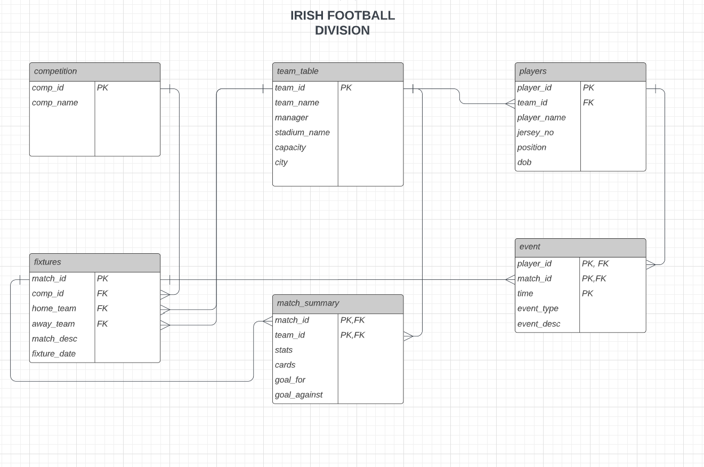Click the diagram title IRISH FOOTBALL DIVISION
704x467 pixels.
click(x=342, y=23)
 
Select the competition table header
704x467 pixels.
click(x=94, y=71)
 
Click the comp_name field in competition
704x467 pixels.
click(x=55, y=102)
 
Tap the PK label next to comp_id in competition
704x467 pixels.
click(x=102, y=87)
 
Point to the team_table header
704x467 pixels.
click(x=337, y=71)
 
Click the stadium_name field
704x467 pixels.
click(x=302, y=132)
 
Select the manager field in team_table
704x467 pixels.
click(x=292, y=117)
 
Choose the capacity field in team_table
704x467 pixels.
click(x=290, y=147)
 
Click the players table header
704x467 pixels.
click(x=580, y=71)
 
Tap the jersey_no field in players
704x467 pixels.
click(x=535, y=132)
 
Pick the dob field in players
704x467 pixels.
click(x=524, y=162)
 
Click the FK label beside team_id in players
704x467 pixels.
click(x=588, y=102)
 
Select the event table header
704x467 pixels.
click(x=580, y=247)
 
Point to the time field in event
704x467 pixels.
click(x=525, y=293)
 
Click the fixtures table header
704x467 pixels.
click(x=94, y=262)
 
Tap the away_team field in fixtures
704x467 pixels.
click(x=53, y=324)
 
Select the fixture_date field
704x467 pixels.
click(x=54, y=353)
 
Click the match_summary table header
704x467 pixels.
click(x=337, y=303)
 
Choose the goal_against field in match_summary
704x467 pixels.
click(x=298, y=394)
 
